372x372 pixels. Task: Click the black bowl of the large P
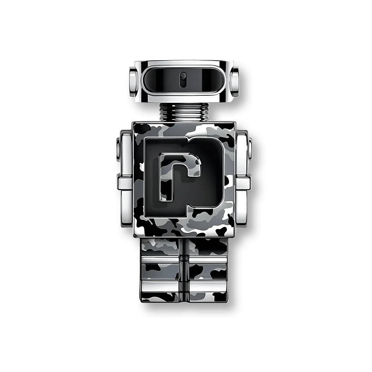coord(208,175)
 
